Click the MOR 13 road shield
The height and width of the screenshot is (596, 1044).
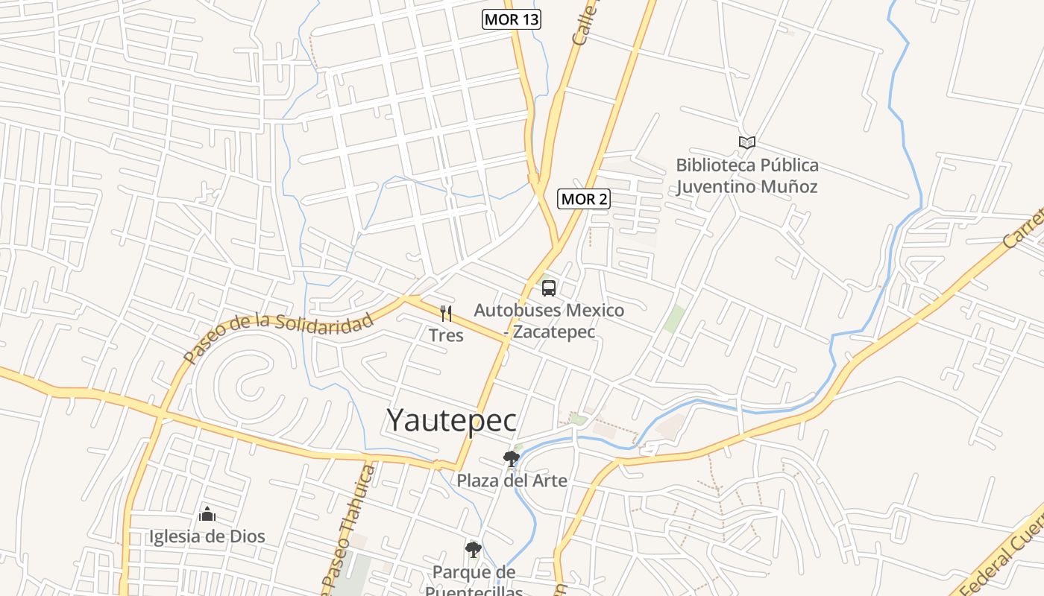(x=511, y=19)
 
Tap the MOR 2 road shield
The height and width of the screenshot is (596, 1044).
(x=584, y=199)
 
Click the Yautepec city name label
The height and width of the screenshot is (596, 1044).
(x=451, y=420)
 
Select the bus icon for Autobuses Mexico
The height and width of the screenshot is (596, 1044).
(x=549, y=288)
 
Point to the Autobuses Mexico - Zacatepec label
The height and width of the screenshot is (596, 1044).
(x=549, y=320)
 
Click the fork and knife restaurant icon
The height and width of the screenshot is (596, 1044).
(x=446, y=314)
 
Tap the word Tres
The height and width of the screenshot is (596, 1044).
(x=446, y=335)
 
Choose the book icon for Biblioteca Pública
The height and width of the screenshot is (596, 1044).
(x=746, y=142)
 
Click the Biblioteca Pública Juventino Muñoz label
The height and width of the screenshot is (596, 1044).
(x=746, y=176)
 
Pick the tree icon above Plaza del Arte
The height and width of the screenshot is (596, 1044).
(x=512, y=458)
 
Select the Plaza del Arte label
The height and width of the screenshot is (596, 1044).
(x=512, y=481)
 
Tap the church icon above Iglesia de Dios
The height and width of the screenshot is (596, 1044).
(x=207, y=514)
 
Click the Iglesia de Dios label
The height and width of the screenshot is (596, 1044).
(x=207, y=536)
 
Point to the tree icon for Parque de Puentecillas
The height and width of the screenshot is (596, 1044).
(x=473, y=550)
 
